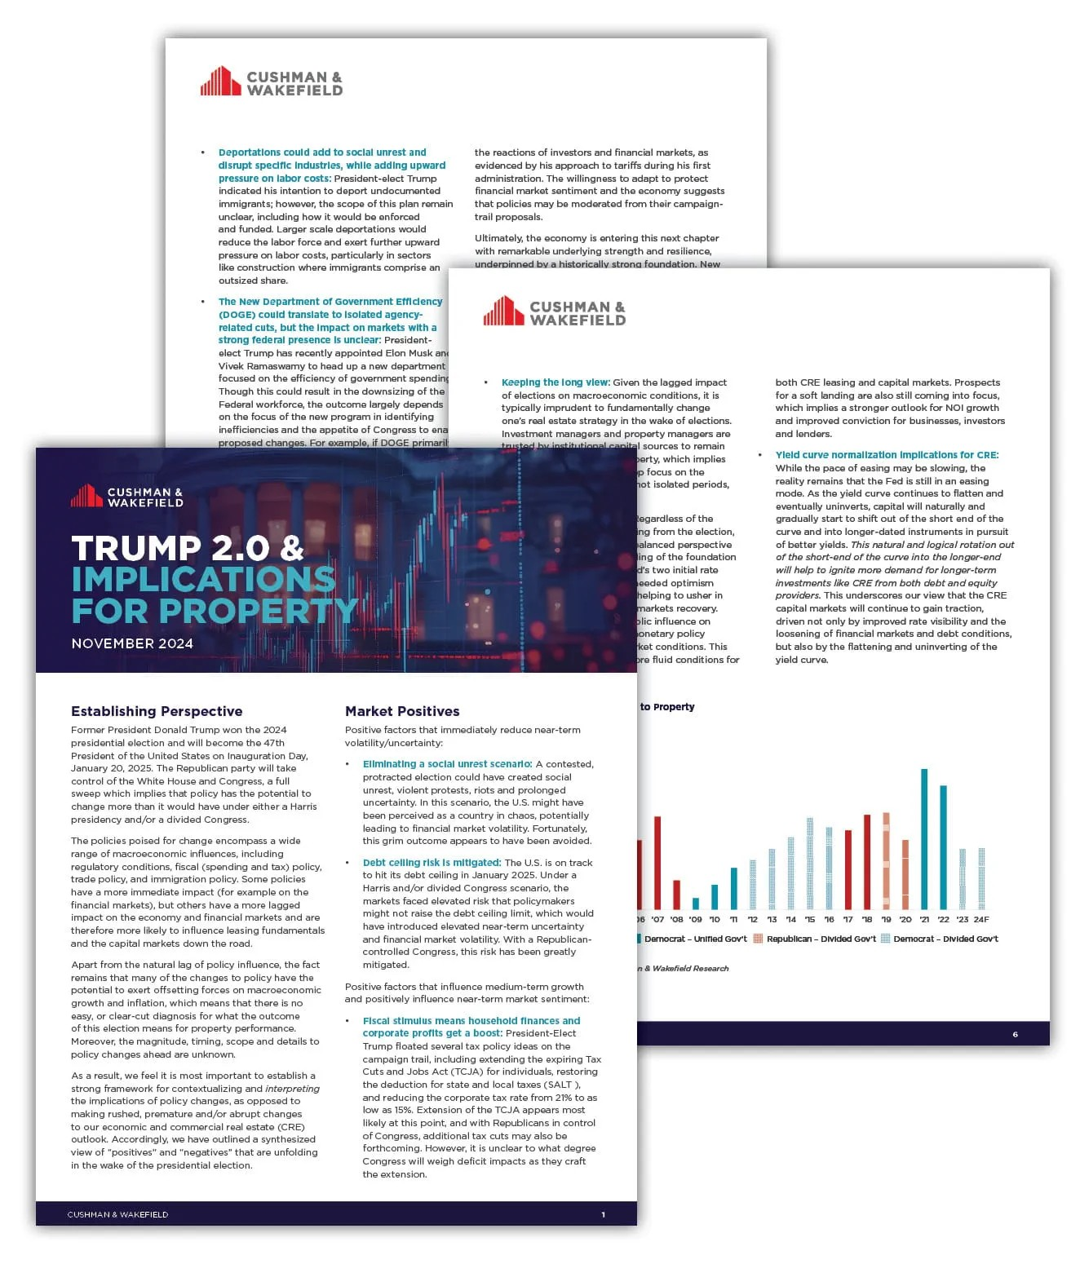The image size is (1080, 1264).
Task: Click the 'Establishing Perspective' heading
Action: tap(157, 711)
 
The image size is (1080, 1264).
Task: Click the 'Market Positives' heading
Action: tap(402, 711)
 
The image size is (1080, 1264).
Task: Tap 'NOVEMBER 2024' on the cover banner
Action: tap(132, 643)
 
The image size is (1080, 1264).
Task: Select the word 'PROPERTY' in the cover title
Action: tap(259, 610)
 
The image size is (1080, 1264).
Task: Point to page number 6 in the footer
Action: tap(1015, 1034)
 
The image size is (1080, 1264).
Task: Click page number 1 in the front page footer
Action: tap(603, 1214)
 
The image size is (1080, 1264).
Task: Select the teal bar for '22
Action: tap(944, 847)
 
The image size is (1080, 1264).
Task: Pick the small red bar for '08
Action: tap(676, 895)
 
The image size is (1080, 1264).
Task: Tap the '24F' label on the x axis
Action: tap(981, 919)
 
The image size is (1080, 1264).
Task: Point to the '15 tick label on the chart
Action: tap(809, 919)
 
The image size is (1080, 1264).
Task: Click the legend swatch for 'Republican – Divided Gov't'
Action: tap(758, 939)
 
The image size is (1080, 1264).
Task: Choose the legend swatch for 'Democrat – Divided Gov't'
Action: tap(885, 939)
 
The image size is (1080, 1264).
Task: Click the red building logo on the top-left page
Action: tap(220, 82)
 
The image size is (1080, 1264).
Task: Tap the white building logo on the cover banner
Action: tap(86, 496)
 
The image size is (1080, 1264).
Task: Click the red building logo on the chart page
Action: tap(502, 312)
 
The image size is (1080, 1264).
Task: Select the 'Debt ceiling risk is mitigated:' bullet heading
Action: tap(432, 862)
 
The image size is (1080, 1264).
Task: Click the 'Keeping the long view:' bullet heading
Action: tap(555, 382)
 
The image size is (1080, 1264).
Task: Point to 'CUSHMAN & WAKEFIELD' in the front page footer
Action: tap(117, 1214)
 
